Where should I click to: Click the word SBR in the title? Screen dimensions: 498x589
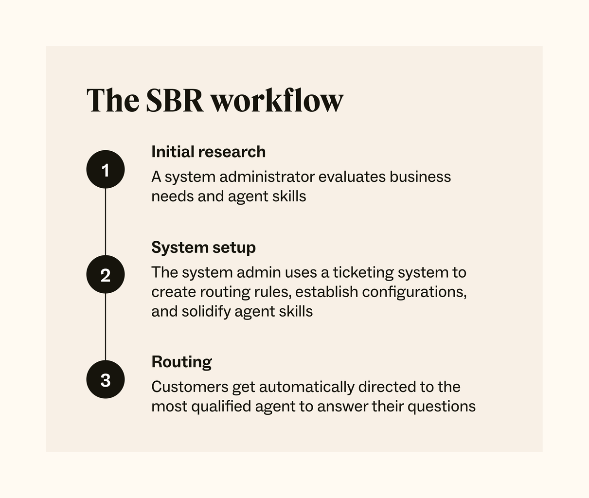click(x=174, y=101)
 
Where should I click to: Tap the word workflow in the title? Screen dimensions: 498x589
click(x=277, y=101)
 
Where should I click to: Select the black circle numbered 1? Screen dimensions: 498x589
click(x=106, y=170)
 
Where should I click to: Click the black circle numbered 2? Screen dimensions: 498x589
click(x=106, y=275)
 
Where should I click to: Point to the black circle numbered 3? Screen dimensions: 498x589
click(x=106, y=379)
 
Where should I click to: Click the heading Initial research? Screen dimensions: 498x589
click(x=208, y=152)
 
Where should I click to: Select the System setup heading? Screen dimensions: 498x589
click(x=203, y=248)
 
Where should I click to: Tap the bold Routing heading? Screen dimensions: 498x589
click(x=181, y=362)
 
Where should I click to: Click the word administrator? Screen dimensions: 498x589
click(x=267, y=177)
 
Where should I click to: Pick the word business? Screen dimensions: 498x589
click(x=420, y=177)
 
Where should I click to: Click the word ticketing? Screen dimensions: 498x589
click(x=363, y=272)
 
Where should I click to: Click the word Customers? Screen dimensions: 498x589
click(x=190, y=387)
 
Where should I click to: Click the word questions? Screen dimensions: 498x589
click(x=441, y=407)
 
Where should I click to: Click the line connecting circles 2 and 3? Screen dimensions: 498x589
click(x=106, y=327)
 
